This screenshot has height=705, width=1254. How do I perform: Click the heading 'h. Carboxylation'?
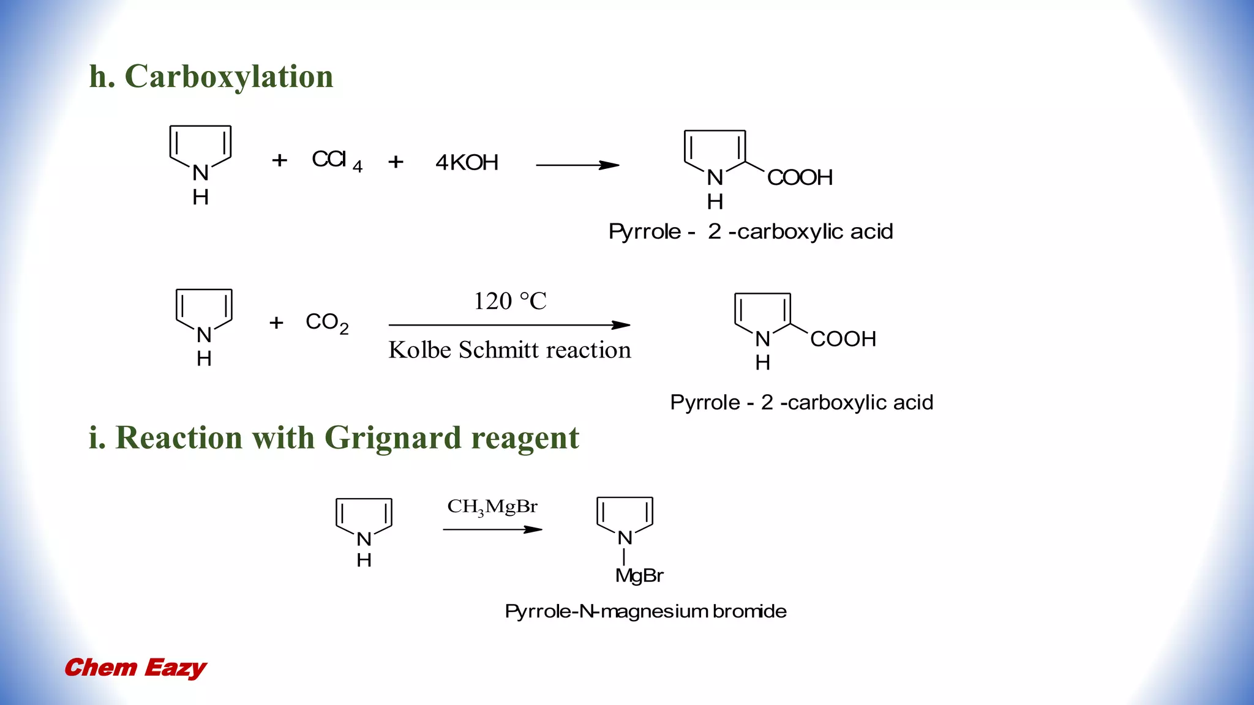pos(211,76)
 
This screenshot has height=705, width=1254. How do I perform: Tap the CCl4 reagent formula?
pos(336,160)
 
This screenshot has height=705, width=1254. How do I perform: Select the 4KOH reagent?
pos(467,163)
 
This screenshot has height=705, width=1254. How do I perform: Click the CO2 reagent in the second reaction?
pos(326,323)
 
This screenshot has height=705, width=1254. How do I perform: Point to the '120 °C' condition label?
pos(509,301)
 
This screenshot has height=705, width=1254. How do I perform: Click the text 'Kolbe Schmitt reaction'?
pos(509,350)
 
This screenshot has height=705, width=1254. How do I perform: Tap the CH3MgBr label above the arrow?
pos(492,507)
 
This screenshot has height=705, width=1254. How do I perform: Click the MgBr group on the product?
pos(639,575)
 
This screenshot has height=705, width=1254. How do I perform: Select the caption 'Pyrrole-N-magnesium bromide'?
pos(645,611)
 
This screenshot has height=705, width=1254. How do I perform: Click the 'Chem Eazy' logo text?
pos(135,668)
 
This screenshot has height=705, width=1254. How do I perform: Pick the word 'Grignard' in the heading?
pos(392,438)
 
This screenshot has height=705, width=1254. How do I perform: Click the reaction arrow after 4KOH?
pos(577,165)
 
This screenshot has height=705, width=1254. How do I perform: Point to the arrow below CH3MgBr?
pos(492,529)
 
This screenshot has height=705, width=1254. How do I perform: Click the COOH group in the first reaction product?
pos(800,178)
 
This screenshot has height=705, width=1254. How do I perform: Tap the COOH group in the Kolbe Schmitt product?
pos(843,339)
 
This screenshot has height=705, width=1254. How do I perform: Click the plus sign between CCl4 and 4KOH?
pos(396,162)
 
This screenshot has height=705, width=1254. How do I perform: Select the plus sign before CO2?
pos(276,323)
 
